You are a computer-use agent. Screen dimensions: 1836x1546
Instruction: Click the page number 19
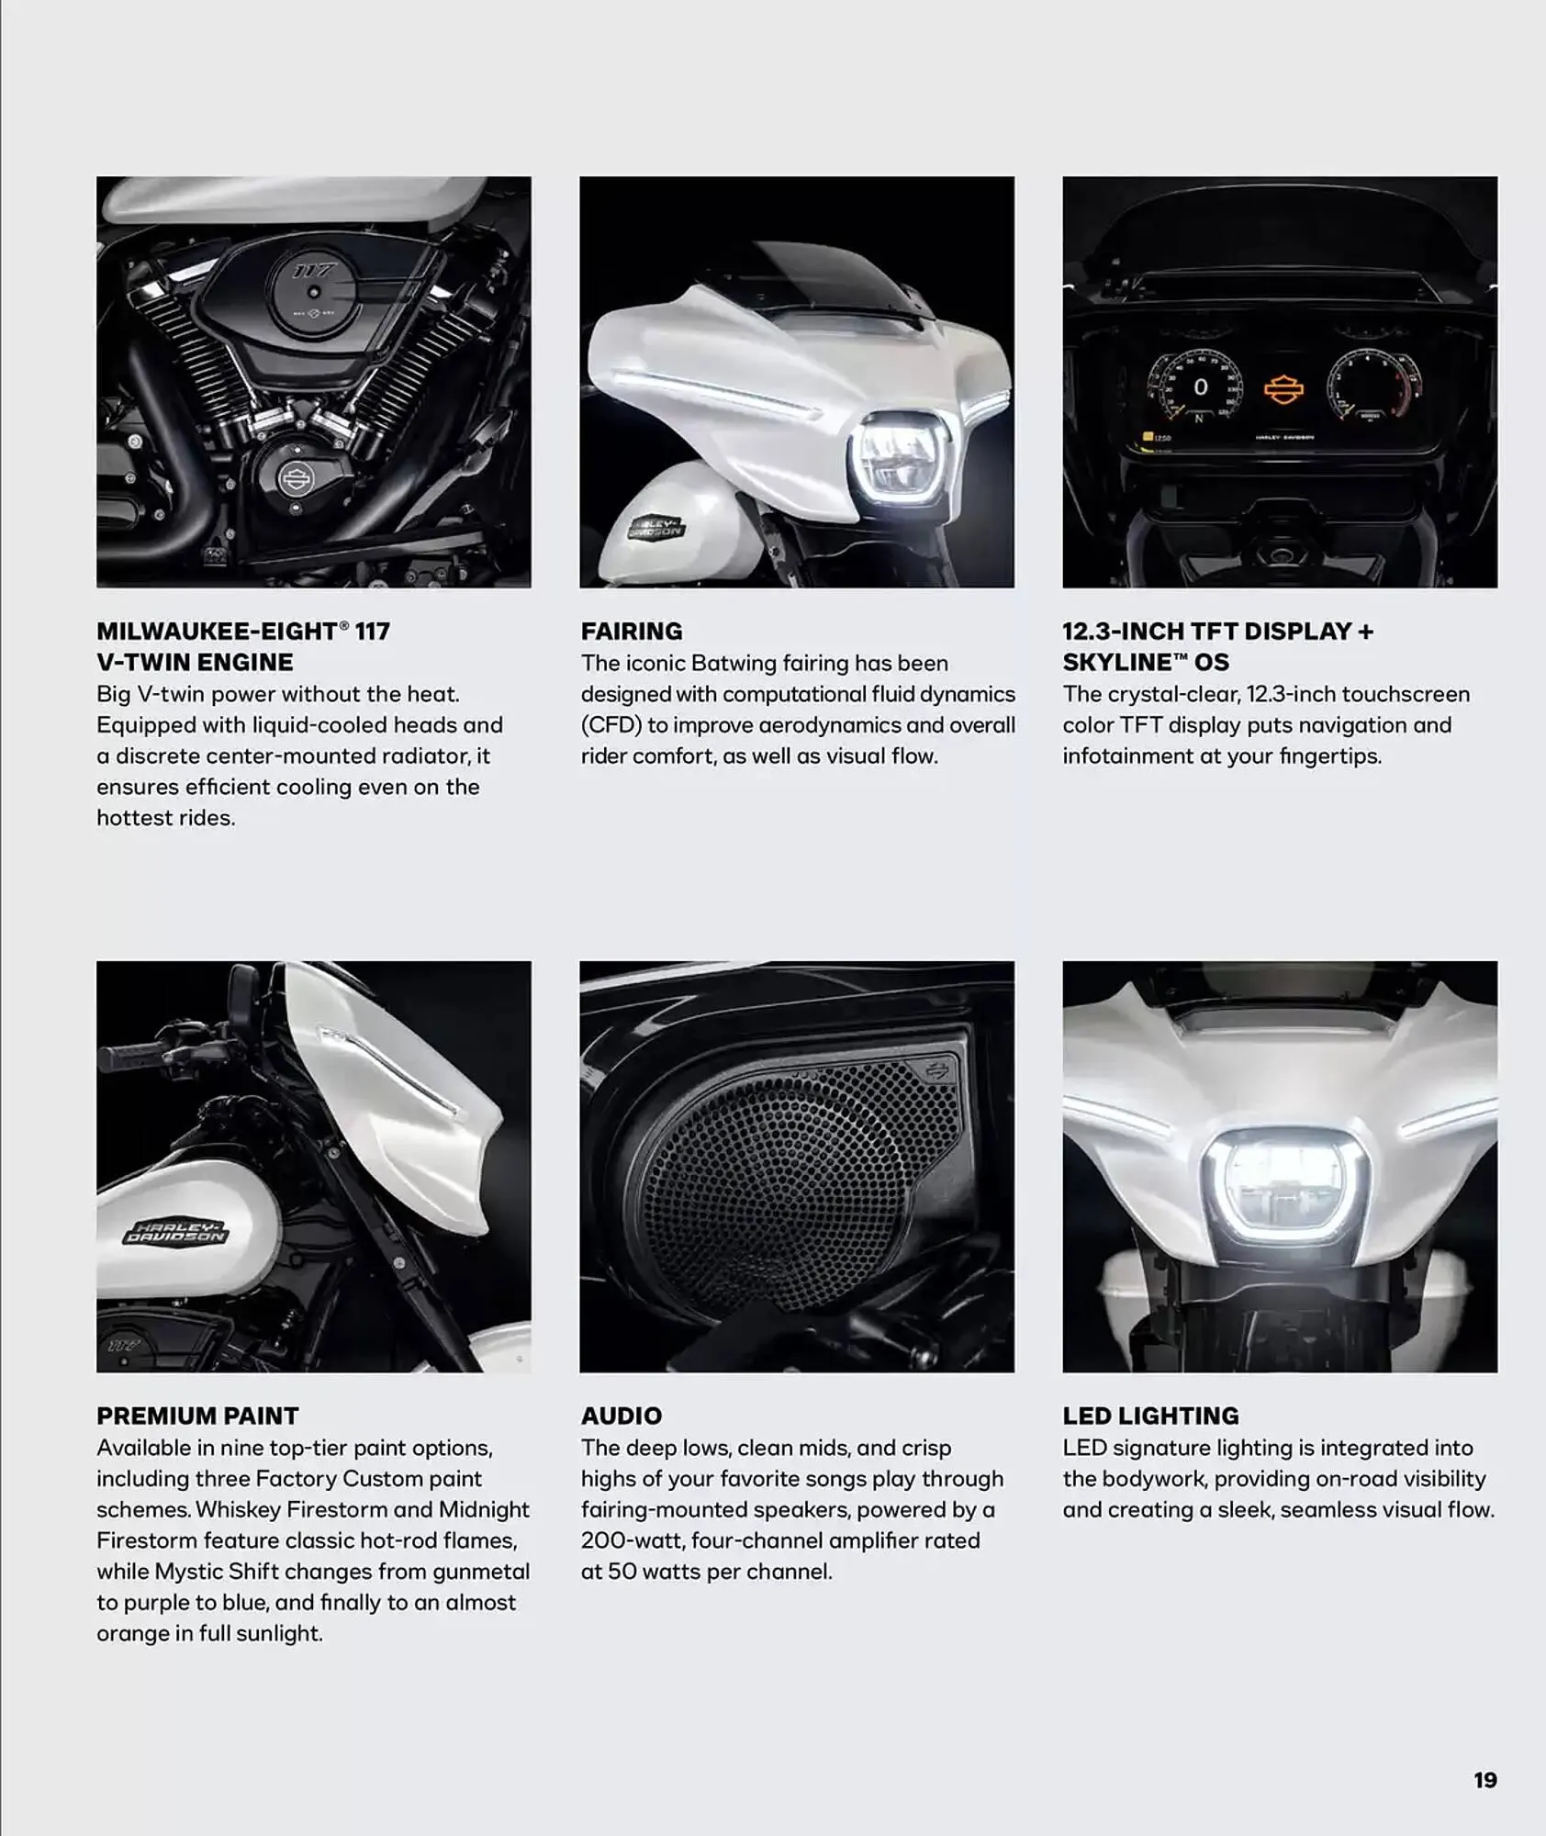coord(1484,1780)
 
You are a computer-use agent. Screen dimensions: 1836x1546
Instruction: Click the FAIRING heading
coord(631,632)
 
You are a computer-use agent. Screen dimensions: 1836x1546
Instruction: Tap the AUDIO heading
coord(621,1416)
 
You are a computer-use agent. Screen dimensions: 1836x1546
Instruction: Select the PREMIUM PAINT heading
coord(197,1416)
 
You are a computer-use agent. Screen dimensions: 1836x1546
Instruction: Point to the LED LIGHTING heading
coord(1150,1416)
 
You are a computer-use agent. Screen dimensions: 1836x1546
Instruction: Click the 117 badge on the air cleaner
coord(314,271)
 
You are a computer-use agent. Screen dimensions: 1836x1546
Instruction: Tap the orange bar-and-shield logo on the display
coord(1283,389)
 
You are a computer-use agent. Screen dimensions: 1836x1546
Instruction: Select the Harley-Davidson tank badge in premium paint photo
coord(174,1233)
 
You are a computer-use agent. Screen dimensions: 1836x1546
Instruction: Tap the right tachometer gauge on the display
coord(1374,386)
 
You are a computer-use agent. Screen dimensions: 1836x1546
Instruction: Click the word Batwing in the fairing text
coord(733,663)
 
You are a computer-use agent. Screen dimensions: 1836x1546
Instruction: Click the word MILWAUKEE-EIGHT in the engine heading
coord(217,632)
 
